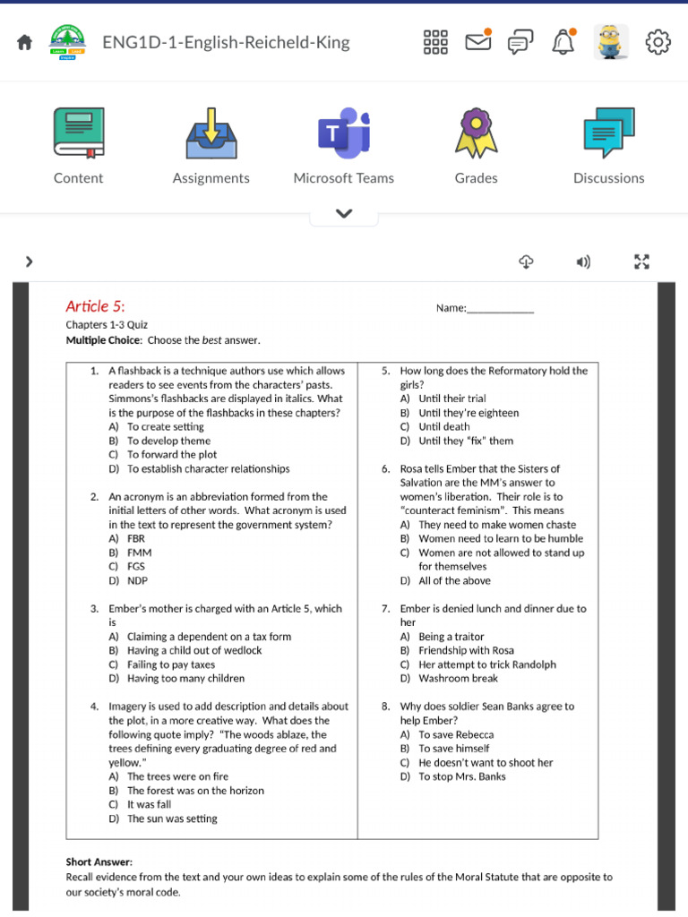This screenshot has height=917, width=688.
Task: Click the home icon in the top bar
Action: tap(24, 42)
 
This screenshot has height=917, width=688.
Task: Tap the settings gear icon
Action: tap(658, 42)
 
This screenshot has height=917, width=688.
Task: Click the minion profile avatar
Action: tap(611, 42)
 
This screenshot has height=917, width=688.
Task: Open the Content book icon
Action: tap(78, 133)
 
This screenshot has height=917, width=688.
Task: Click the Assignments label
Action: tap(211, 178)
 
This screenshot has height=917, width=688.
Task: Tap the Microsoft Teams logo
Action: tap(343, 133)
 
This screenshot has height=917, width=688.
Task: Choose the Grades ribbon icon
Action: tap(476, 133)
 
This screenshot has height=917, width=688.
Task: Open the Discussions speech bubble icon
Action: tap(608, 133)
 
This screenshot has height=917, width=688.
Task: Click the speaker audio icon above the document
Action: tap(583, 261)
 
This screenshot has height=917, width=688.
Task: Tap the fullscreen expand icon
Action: tap(641, 261)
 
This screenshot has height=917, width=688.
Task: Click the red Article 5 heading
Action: tap(101, 306)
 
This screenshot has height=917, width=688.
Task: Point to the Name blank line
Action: tap(500, 310)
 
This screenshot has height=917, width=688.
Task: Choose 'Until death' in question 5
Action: tap(443, 427)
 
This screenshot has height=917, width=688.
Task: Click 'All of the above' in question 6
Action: tap(454, 580)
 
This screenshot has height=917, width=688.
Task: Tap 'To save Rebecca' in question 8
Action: tap(456, 734)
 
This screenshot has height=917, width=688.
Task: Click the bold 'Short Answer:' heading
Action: tap(99, 861)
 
